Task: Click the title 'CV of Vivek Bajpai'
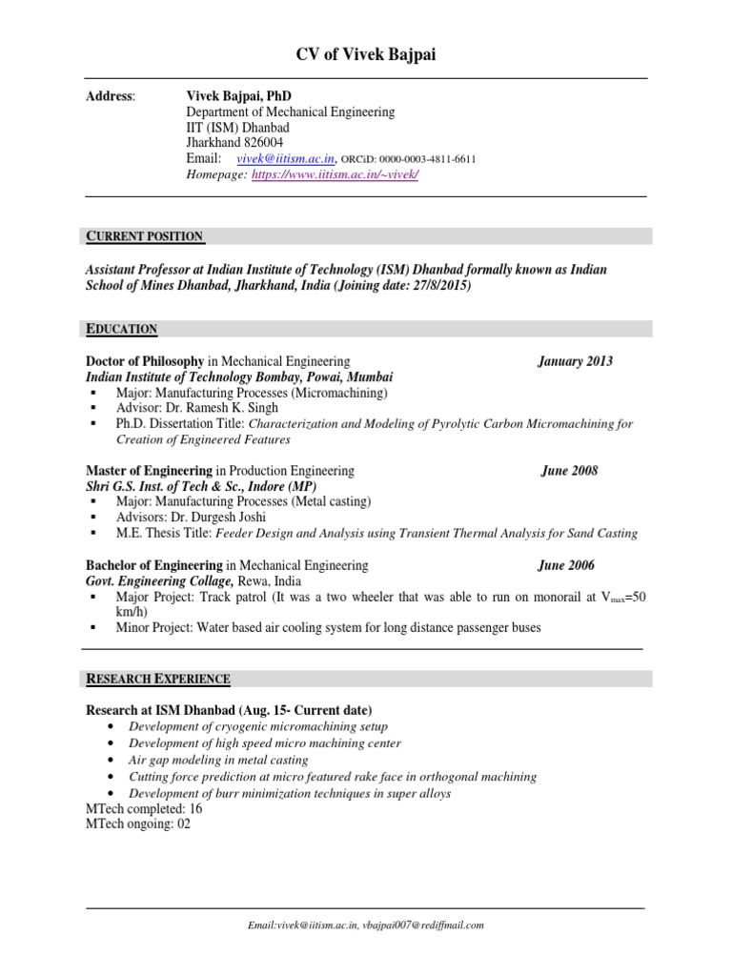(x=366, y=56)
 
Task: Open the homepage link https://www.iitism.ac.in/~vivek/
(x=335, y=175)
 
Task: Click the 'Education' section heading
(x=122, y=329)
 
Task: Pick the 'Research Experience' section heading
(x=158, y=679)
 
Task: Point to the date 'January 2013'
(x=575, y=361)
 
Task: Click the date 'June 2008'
(x=569, y=471)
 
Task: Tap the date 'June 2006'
(x=566, y=565)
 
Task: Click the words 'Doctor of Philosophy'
(x=145, y=361)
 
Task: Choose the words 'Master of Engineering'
(x=149, y=471)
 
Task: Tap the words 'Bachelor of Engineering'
(x=154, y=565)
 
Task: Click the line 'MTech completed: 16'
(x=144, y=809)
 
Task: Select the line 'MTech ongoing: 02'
(x=138, y=824)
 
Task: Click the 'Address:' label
(x=111, y=96)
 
